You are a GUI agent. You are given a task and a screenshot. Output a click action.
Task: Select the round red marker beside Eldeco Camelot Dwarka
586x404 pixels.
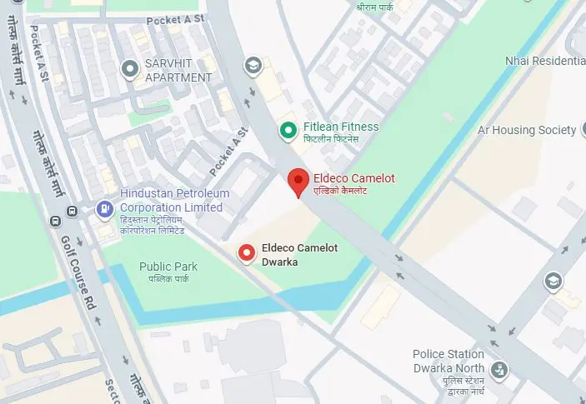[247, 252]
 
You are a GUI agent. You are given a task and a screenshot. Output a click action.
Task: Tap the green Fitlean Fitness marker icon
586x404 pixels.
[288, 130]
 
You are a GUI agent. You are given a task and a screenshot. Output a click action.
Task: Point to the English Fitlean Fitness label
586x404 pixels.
[340, 127]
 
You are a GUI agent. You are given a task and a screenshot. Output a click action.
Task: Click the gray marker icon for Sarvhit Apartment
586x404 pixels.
[129, 68]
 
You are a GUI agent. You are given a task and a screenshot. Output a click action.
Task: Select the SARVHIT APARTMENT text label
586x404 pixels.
[179, 70]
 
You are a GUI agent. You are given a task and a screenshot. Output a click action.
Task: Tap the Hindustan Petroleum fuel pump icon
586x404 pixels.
[104, 208]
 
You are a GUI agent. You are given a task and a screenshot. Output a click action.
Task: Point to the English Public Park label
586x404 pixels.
[168, 267]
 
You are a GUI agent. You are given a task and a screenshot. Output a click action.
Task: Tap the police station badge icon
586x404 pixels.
[499, 369]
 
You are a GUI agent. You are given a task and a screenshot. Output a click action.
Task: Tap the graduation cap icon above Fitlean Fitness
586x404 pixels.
[251, 65]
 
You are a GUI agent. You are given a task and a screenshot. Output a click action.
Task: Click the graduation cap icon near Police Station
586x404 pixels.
[553, 281]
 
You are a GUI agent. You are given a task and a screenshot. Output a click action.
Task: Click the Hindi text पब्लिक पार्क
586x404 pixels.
[168, 279]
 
